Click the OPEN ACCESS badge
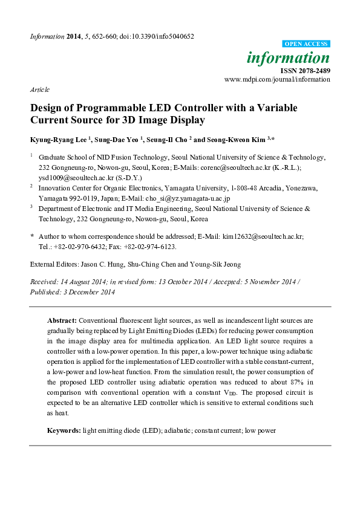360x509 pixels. point(307,44)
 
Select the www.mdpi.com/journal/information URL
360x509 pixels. point(277,79)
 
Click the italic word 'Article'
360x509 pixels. point(39,89)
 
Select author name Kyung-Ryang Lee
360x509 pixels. point(57,140)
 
